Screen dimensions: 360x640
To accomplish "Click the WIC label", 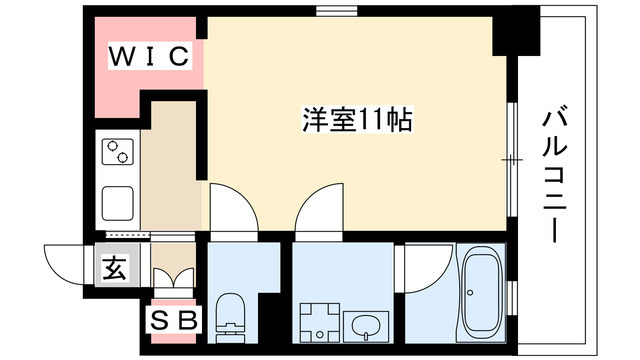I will pos(149,57).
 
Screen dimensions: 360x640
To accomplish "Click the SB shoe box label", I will pos(176,320).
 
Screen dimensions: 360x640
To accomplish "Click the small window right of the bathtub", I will pos(511,296).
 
